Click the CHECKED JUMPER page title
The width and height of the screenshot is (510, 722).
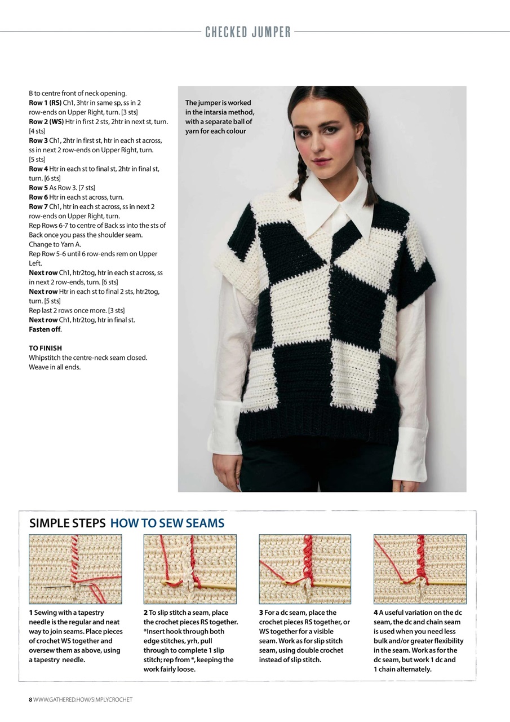248,32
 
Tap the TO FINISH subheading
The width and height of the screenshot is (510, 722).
46,348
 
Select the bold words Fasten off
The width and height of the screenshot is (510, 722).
45,329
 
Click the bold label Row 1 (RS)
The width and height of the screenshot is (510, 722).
45,103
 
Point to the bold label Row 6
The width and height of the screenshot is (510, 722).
38,197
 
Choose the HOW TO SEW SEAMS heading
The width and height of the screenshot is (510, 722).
167,523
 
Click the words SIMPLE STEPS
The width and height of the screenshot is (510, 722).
67,523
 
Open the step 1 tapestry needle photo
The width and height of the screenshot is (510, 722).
76,569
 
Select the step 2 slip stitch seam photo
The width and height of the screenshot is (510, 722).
190,569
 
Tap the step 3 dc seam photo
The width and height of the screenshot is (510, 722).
305,569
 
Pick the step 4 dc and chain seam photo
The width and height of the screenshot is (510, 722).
420,569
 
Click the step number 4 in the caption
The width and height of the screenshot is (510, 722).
375,613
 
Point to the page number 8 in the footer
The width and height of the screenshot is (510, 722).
30,700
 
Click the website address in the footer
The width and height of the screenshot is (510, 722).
83,700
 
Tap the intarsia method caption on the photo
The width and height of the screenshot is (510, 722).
220,117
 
